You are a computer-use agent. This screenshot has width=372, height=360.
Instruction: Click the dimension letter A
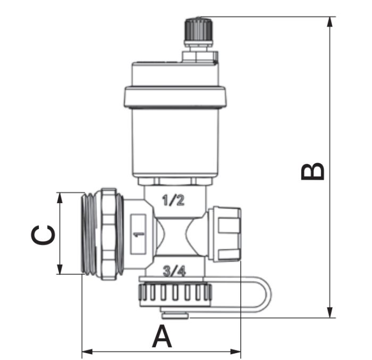tap(162, 336)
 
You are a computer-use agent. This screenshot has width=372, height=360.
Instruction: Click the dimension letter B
tap(312, 171)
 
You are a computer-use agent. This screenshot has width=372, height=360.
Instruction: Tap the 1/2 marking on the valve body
tap(173, 200)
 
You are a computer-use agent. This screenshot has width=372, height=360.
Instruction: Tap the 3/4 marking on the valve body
tap(174, 271)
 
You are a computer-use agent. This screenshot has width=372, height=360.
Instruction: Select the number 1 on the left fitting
tap(139, 235)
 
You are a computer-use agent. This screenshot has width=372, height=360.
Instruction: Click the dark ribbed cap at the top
tap(199, 30)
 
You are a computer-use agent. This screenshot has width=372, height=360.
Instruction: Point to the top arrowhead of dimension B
tap(329, 22)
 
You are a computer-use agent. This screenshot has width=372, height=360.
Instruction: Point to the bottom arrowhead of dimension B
tap(329, 312)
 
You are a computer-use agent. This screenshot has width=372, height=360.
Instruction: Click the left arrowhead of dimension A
tap(87, 351)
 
